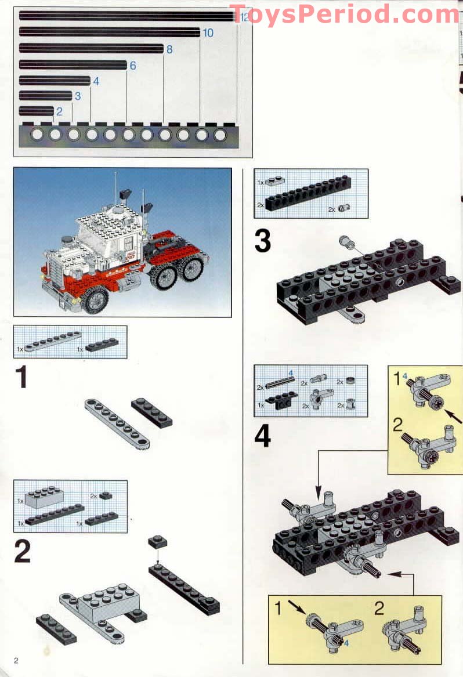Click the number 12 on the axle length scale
point(244,17)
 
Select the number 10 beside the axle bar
point(208,33)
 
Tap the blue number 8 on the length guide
point(169,50)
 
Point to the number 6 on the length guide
point(133,66)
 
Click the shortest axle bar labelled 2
point(36,111)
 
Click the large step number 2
point(22,551)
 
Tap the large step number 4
point(263,436)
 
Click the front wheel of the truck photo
point(94,299)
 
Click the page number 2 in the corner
point(17,661)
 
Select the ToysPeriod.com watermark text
point(345,15)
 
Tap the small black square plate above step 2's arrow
point(157,542)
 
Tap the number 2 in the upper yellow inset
point(397,424)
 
